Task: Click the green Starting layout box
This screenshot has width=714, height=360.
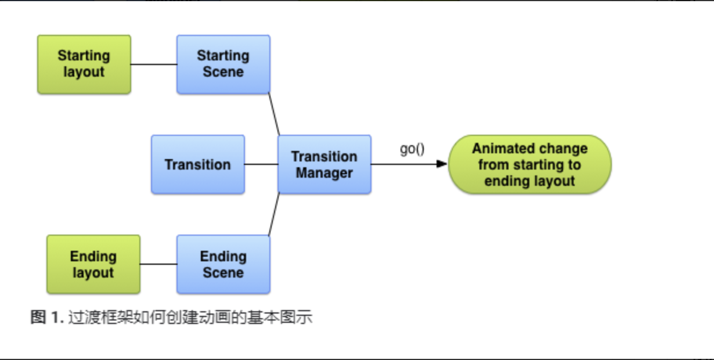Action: pyautogui.click(x=84, y=64)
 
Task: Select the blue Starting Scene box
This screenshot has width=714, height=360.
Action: pyautogui.click(x=223, y=64)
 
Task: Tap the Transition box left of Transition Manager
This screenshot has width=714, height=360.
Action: pyautogui.click(x=198, y=164)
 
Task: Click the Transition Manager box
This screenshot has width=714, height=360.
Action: pyautogui.click(x=324, y=164)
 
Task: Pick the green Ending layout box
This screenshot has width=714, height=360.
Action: pyautogui.click(x=93, y=264)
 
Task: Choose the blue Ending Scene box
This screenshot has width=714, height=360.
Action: pyautogui.click(x=223, y=264)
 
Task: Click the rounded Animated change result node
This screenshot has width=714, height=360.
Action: pyautogui.click(x=530, y=164)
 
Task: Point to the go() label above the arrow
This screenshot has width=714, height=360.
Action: pyautogui.click(x=412, y=149)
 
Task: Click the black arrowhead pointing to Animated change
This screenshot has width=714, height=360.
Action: pyautogui.click(x=442, y=164)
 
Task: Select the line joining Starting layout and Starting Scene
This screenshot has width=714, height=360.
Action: pyautogui.click(x=154, y=64)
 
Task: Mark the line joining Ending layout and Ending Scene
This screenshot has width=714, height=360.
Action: pyautogui.click(x=158, y=264)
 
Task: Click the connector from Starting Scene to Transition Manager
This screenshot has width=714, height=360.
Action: pyautogui.click(x=274, y=114)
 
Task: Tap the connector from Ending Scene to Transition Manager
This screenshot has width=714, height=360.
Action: pyautogui.click(x=274, y=215)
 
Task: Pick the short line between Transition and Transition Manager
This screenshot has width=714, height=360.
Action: pyautogui.click(x=261, y=164)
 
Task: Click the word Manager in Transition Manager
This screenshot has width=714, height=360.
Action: pyautogui.click(x=324, y=174)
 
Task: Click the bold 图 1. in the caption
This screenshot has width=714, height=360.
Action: pyautogui.click(x=47, y=317)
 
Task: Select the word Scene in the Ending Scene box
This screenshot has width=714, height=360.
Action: pyautogui.click(x=223, y=273)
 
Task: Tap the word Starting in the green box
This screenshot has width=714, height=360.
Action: pyautogui.click(x=84, y=56)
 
